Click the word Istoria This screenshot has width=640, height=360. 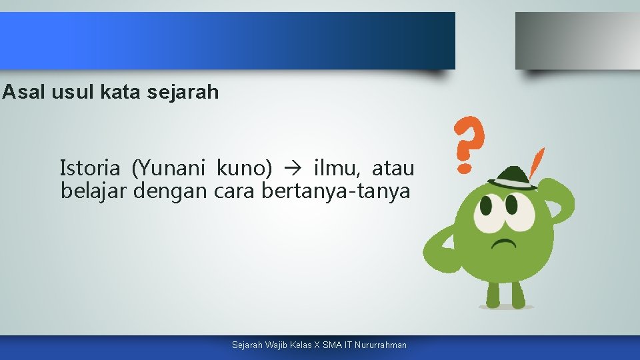[x=90, y=168]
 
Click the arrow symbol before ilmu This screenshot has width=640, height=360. [x=293, y=169]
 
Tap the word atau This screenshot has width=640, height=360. [x=393, y=168]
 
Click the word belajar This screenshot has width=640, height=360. [x=94, y=191]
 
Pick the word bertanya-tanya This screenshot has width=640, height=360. [x=335, y=191]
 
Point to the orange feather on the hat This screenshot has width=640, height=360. [x=535, y=163]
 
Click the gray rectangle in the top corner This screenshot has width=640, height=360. [x=577, y=41]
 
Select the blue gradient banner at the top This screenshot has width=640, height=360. [x=227, y=41]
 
